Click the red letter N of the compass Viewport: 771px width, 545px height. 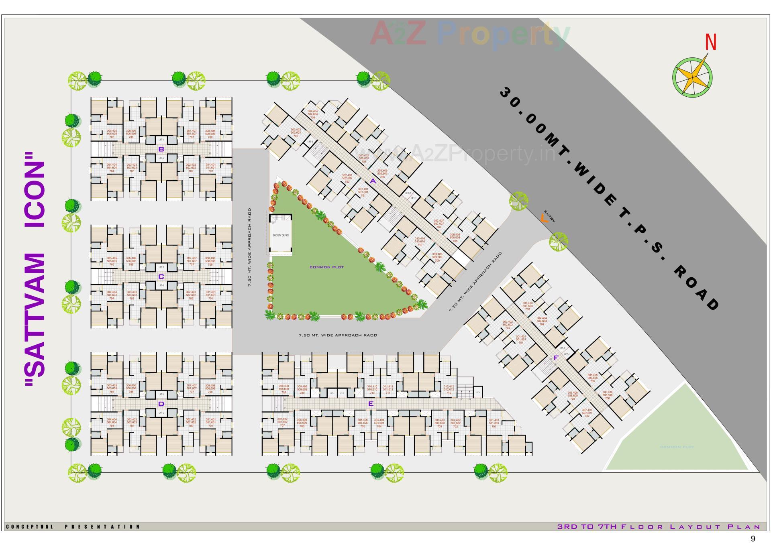(711, 42)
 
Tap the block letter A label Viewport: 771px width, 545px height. (373, 181)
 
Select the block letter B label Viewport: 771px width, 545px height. (161, 149)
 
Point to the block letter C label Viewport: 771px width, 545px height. (161, 277)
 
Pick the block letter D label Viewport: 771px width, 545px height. (161, 404)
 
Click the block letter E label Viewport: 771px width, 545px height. (371, 404)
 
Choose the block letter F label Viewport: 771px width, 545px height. (556, 358)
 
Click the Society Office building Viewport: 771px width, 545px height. (281, 235)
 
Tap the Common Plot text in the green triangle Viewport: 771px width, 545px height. (326, 267)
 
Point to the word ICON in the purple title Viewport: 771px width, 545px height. (35, 195)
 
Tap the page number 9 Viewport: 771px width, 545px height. (753, 539)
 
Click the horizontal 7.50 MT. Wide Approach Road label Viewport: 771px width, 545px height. (338, 335)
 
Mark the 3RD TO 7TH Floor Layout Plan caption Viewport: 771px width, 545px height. (659, 527)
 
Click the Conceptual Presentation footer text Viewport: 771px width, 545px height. (73, 527)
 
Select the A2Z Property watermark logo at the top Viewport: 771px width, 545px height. (470, 34)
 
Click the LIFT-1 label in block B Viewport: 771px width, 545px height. (161, 139)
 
